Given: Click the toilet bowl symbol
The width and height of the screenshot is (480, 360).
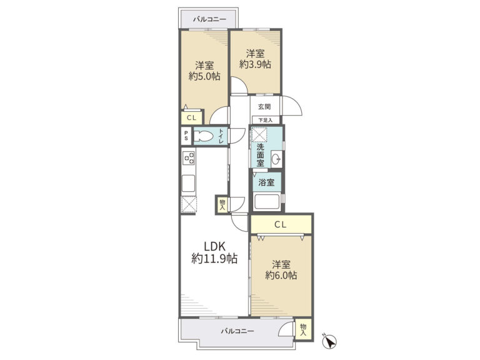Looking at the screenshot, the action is click(x=204, y=136).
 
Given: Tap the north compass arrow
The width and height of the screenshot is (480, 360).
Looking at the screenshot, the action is click(x=330, y=341).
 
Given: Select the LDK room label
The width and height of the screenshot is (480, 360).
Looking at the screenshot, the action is click(x=215, y=246).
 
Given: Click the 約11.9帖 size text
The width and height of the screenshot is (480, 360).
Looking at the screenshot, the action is click(x=214, y=259).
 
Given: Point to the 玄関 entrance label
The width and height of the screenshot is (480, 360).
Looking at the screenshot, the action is click(x=264, y=107).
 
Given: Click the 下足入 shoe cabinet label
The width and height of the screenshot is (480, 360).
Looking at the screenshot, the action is click(x=265, y=120).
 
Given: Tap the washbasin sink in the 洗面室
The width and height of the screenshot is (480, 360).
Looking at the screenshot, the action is click(x=276, y=159).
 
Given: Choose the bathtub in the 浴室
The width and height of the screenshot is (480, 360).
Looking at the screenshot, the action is click(x=267, y=202).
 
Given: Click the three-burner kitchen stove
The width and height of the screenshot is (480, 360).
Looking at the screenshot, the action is click(x=189, y=158).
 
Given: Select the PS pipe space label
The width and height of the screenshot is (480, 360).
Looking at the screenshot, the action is click(x=186, y=136).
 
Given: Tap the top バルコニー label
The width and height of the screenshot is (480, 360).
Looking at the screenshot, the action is click(x=209, y=19).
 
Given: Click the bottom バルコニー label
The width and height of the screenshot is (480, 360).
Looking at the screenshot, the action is click(x=237, y=331).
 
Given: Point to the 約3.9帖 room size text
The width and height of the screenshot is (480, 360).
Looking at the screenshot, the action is click(x=255, y=64).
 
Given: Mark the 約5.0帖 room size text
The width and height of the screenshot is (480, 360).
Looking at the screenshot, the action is click(x=204, y=76).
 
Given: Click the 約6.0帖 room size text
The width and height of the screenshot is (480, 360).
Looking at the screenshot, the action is click(x=281, y=276).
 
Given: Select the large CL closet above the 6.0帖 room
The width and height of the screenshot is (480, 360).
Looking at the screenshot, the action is click(x=281, y=225).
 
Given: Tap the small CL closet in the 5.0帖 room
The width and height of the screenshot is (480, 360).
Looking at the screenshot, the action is click(x=192, y=118).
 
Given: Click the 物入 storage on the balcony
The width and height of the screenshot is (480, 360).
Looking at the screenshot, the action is click(x=303, y=329).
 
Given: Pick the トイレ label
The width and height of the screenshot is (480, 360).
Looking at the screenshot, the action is click(x=221, y=136).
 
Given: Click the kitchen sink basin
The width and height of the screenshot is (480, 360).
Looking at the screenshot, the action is click(x=188, y=183).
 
